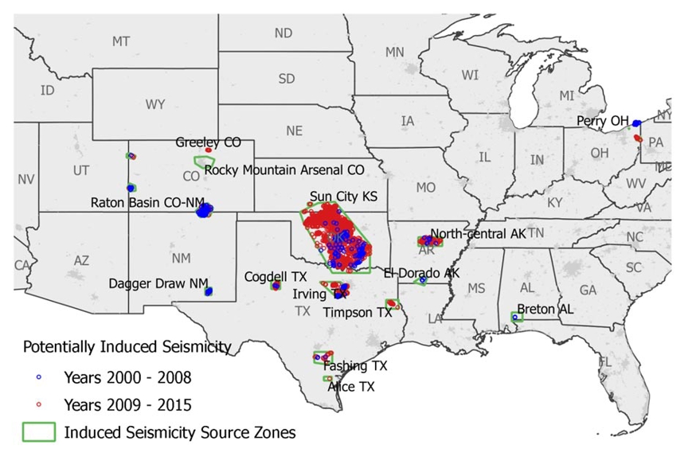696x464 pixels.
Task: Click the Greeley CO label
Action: pyautogui.click(x=208, y=142)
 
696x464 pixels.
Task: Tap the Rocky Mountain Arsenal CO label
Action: pyautogui.click(x=284, y=170)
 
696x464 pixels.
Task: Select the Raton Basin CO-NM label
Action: pyautogui.click(x=148, y=202)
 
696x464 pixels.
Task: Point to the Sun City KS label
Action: pyautogui.click(x=343, y=197)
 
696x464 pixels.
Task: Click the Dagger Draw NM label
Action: pyautogui.click(x=158, y=283)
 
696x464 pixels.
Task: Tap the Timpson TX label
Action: pyautogui.click(x=358, y=313)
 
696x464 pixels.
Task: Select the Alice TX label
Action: pyautogui.click(x=351, y=387)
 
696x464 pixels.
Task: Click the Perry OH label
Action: pyautogui.click(x=603, y=121)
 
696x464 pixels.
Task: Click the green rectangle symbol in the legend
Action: pyautogui.click(x=38, y=432)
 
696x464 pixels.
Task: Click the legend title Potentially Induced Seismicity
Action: pyautogui.click(x=127, y=347)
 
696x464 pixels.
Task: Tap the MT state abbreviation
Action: pyautogui.click(x=121, y=41)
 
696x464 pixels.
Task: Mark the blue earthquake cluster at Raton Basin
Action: pyautogui.click(x=205, y=210)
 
